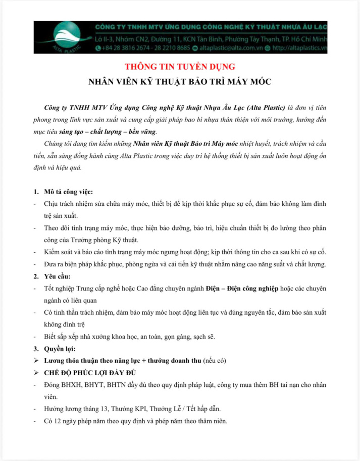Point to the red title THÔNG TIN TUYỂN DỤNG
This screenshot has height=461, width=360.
point(180,67)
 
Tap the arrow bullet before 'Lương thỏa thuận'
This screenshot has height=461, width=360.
point(36,361)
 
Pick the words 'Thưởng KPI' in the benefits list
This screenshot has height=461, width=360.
point(134,409)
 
